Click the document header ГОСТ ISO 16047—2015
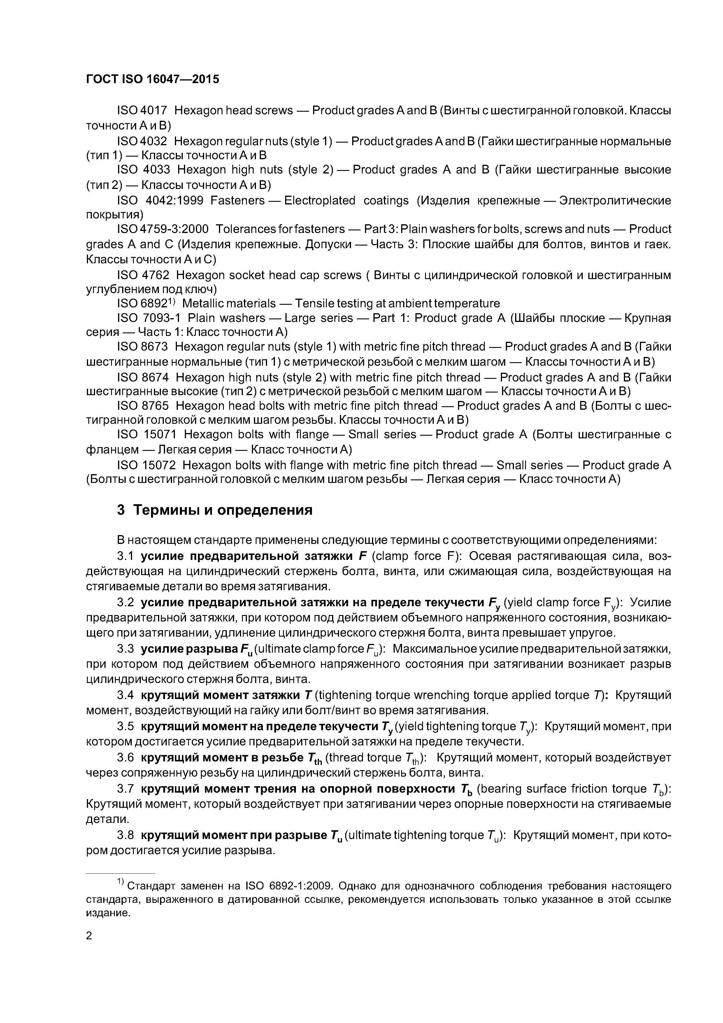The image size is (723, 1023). [x=152, y=79]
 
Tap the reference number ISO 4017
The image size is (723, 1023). [x=142, y=110]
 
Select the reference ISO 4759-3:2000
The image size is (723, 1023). [x=163, y=229]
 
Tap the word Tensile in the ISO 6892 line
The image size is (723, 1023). [x=315, y=303]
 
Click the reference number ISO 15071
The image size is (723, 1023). [x=147, y=435]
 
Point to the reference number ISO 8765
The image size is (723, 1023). [x=143, y=406]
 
